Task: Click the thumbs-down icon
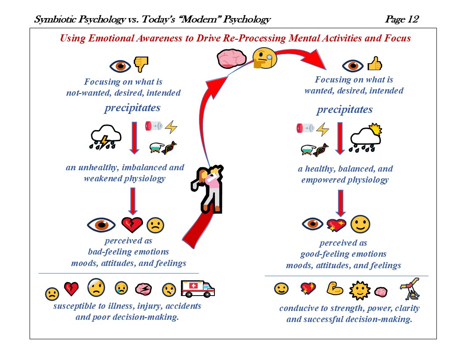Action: (x=141, y=65)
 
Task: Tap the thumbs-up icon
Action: (x=374, y=64)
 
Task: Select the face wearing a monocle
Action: (x=265, y=59)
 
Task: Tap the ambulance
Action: (x=197, y=288)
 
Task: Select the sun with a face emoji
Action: (x=359, y=290)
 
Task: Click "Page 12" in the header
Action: (x=402, y=19)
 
